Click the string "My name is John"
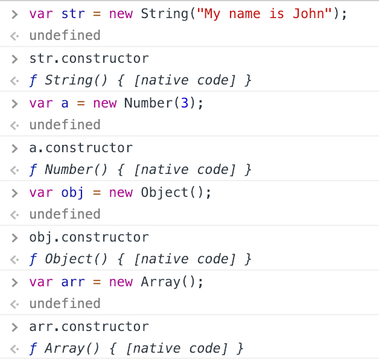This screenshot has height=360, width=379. point(267,13)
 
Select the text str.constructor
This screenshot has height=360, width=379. point(89,59)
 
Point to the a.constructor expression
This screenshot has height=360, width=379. point(80,148)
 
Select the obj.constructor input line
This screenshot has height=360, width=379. point(89,237)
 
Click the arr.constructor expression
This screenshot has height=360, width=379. point(89,327)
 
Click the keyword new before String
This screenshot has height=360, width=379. point(121,13)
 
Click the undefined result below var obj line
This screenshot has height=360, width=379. point(65,214)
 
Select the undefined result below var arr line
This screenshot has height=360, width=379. point(65,304)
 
